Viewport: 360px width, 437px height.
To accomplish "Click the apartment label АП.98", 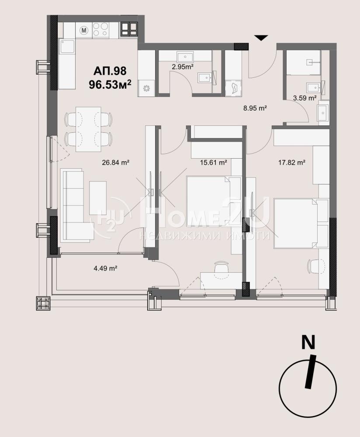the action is pyautogui.click(x=110, y=71).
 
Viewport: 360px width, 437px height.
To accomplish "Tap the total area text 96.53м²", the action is pyautogui.click(x=110, y=84).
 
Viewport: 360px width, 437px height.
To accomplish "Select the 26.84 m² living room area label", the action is pyautogui.click(x=115, y=162).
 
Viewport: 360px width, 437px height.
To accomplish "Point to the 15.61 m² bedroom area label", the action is pyautogui.click(x=214, y=162).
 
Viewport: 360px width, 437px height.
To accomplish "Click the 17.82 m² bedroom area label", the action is pyautogui.click(x=292, y=162).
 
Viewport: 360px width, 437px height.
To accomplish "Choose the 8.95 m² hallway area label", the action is pyautogui.click(x=255, y=108).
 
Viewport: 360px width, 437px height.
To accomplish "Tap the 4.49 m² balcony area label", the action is pyautogui.click(x=105, y=268).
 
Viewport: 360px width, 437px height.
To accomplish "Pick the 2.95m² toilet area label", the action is pyautogui.click(x=183, y=66).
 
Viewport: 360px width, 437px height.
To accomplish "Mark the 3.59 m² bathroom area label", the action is pyautogui.click(x=305, y=98).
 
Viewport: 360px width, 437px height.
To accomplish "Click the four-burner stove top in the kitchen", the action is pyautogui.click(x=100, y=29).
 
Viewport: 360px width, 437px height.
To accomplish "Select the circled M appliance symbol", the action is pyautogui.click(x=84, y=30).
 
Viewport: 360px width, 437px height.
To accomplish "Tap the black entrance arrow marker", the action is pyautogui.click(x=261, y=38).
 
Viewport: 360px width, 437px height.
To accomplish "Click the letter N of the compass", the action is pyautogui.click(x=308, y=342).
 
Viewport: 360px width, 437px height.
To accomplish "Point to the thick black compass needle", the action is pyautogui.click(x=311, y=371).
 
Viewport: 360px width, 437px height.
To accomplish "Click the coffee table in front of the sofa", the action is pyautogui.click(x=98, y=198).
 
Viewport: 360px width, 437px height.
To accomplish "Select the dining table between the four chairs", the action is pyautogui.click(x=88, y=129).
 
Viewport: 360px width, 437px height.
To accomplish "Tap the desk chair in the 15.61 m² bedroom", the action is pyautogui.click(x=222, y=269).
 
